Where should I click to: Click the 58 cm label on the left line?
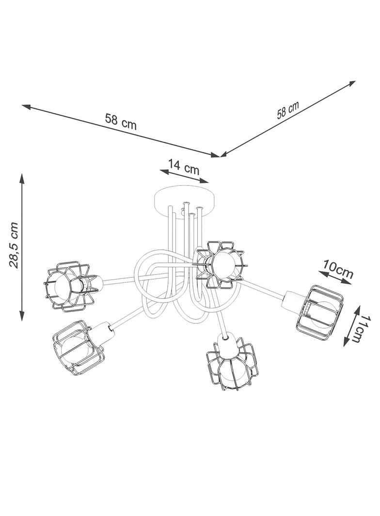pos(121,121)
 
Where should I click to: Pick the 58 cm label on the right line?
pos(288,110)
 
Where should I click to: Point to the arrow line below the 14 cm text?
pos(184,176)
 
